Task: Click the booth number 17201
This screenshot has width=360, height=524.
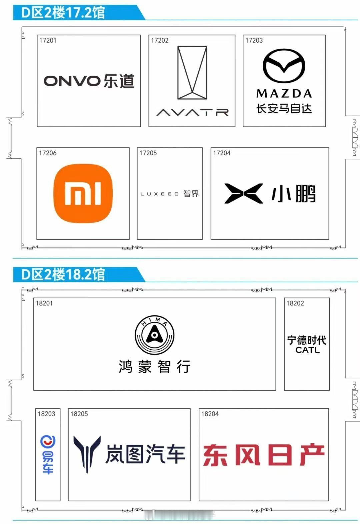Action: pos(48,40)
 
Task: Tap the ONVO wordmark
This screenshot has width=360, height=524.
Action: pos(72,81)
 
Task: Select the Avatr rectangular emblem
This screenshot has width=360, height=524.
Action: pos(192,73)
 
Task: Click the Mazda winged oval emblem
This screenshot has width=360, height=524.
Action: pos(284,66)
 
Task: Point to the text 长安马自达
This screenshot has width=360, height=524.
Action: pos(284,109)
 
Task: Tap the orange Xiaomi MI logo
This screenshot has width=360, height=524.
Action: pos(83,193)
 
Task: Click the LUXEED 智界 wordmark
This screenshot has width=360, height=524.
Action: pos(169,194)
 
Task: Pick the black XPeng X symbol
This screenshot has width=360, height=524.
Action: pos(243,193)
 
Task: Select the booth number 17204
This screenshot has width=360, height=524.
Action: pos(222,153)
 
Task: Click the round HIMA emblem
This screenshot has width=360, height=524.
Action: pos(154,335)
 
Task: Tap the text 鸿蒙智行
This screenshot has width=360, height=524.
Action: pos(155,366)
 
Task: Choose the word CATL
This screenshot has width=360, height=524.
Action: pos(307,350)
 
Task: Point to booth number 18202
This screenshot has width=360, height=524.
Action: pos(295,303)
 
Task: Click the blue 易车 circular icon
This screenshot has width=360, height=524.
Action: pos(48,442)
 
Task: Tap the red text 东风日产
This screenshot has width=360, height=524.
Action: pos(263,455)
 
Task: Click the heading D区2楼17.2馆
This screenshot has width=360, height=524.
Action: pos(63,13)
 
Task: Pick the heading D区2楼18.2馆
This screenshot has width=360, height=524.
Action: pos(63,274)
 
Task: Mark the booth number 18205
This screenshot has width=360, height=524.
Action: pos(79,414)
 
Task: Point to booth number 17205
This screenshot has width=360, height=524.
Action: pos(148,153)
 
